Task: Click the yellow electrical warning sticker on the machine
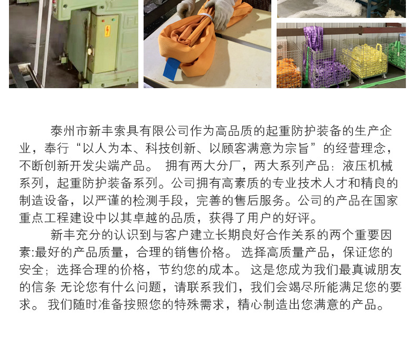pyautogui.click(x=108, y=30)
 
